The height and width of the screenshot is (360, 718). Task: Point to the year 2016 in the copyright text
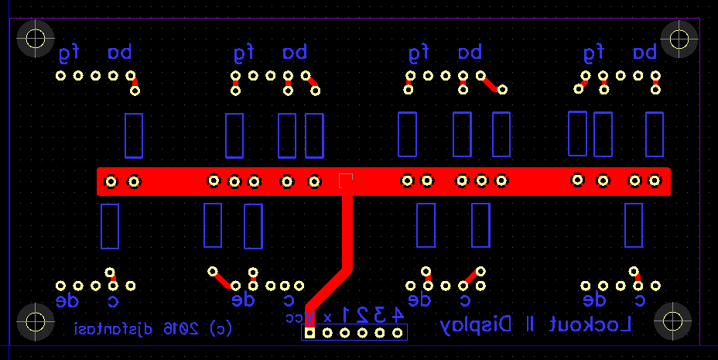[x=179, y=328]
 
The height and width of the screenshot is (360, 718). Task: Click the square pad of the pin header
[x=309, y=333]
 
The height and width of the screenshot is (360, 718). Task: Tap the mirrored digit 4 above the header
[x=397, y=315]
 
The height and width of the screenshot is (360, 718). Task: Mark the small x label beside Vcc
[x=327, y=317]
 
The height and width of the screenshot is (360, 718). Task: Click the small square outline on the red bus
[x=346, y=180]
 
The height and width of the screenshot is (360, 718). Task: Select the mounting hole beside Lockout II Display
[x=672, y=321]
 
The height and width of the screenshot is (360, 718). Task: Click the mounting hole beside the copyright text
[x=35, y=321]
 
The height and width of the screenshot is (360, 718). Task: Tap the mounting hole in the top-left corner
[x=35, y=37]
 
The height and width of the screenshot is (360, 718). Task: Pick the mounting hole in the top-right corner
[x=680, y=37]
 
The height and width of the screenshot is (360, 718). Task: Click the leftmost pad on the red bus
[x=111, y=181]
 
